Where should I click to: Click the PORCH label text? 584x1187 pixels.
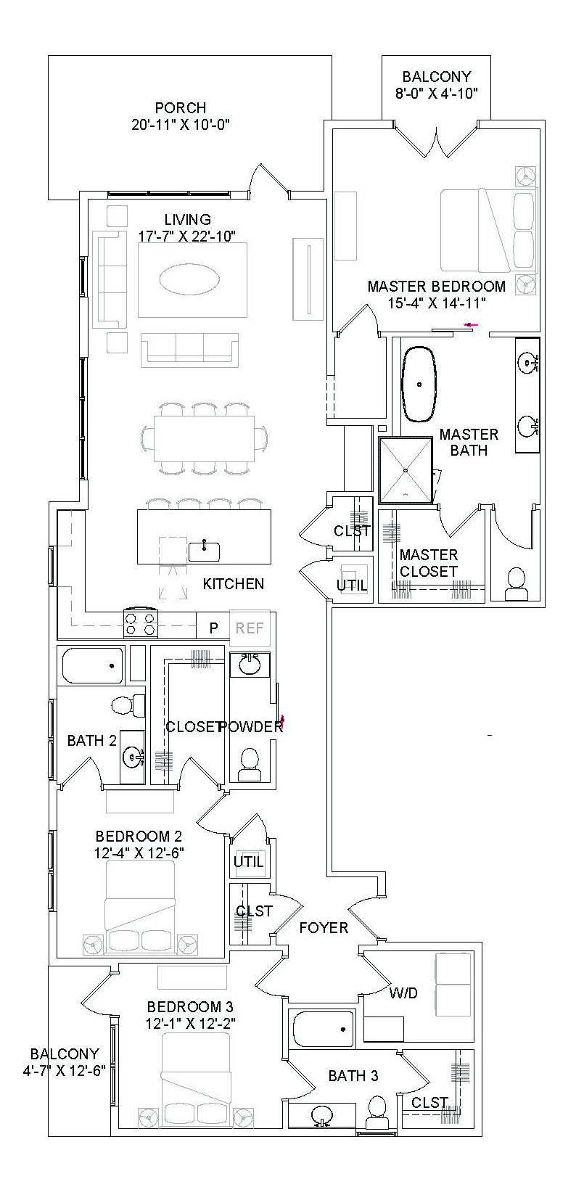coord(181,108)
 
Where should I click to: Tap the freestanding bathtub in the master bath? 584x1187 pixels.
coord(419,384)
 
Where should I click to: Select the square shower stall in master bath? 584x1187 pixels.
coord(406,469)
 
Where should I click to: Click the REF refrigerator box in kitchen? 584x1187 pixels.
coord(250,628)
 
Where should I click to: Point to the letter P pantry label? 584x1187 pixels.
coord(214,628)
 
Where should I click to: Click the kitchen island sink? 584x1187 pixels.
coord(205,551)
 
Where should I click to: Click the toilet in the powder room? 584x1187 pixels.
coord(250,764)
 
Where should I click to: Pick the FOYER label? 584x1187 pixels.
coord(324,927)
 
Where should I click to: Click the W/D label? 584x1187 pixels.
coord(403,993)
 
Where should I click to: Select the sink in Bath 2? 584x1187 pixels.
coord(132,757)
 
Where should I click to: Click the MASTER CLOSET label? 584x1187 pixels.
coord(429,563)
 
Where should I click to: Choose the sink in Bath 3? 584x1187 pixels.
coord(321,1115)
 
